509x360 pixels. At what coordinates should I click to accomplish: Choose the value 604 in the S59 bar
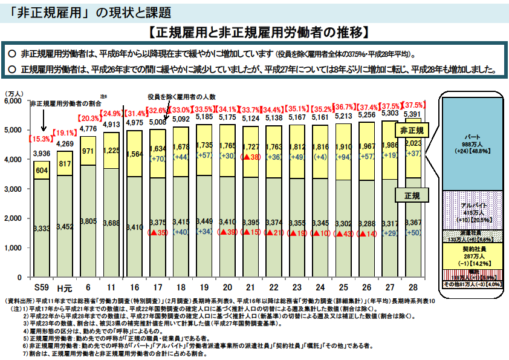tap(42, 170)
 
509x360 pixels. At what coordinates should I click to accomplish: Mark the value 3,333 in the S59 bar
tap(42, 229)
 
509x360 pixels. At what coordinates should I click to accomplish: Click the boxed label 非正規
tap(411, 130)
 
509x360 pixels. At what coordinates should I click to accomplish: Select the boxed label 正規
tap(411, 195)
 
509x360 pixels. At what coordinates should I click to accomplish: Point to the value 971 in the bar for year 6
tap(88, 151)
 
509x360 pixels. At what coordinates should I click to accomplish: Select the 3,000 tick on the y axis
tap(13, 189)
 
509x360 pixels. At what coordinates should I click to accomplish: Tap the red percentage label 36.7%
tap(345, 107)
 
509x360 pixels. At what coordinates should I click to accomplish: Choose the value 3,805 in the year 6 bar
tap(88, 221)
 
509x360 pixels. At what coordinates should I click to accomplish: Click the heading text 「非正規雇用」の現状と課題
tap(90, 11)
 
